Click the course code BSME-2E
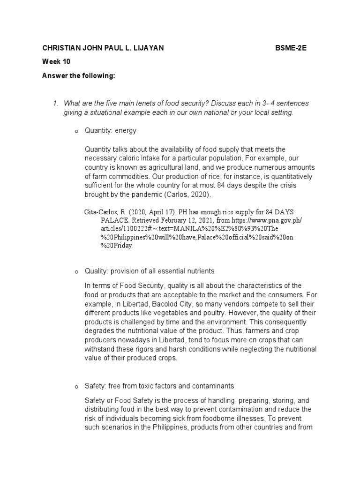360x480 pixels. (290, 48)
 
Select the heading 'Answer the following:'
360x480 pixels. (78, 75)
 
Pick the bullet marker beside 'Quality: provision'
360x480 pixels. (75, 271)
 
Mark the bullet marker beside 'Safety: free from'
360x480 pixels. (75, 386)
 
